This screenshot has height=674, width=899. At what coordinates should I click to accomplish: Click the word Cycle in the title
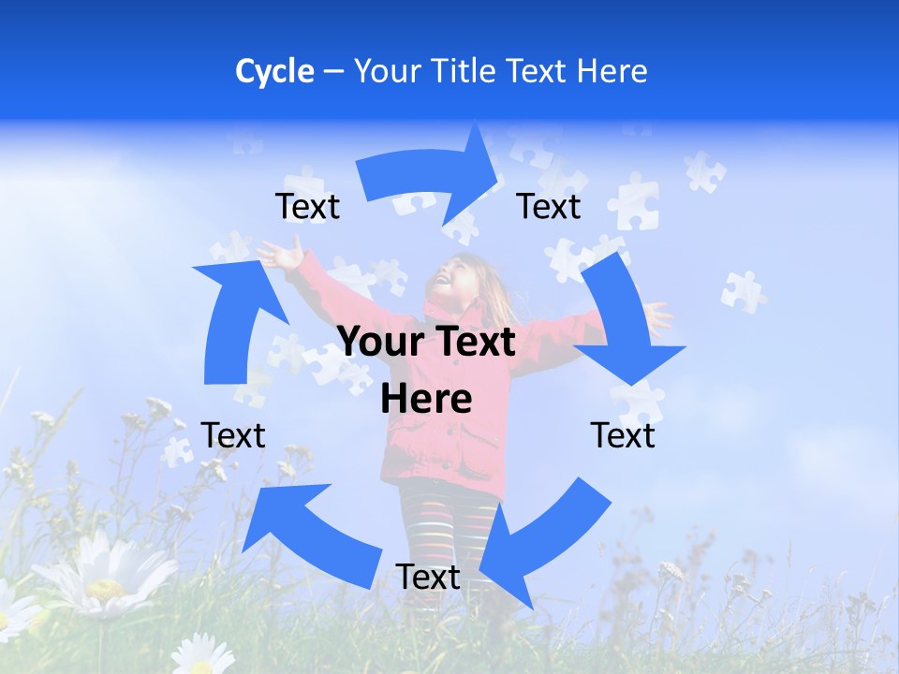point(274,71)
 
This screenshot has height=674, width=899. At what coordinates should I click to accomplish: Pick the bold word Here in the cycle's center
point(426,400)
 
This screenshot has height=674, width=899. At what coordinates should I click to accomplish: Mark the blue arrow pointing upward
point(234,318)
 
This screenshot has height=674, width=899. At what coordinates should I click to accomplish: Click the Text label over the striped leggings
point(428,577)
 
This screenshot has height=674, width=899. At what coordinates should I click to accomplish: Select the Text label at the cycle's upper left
point(308,206)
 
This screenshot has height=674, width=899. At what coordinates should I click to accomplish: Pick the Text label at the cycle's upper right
point(549,206)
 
